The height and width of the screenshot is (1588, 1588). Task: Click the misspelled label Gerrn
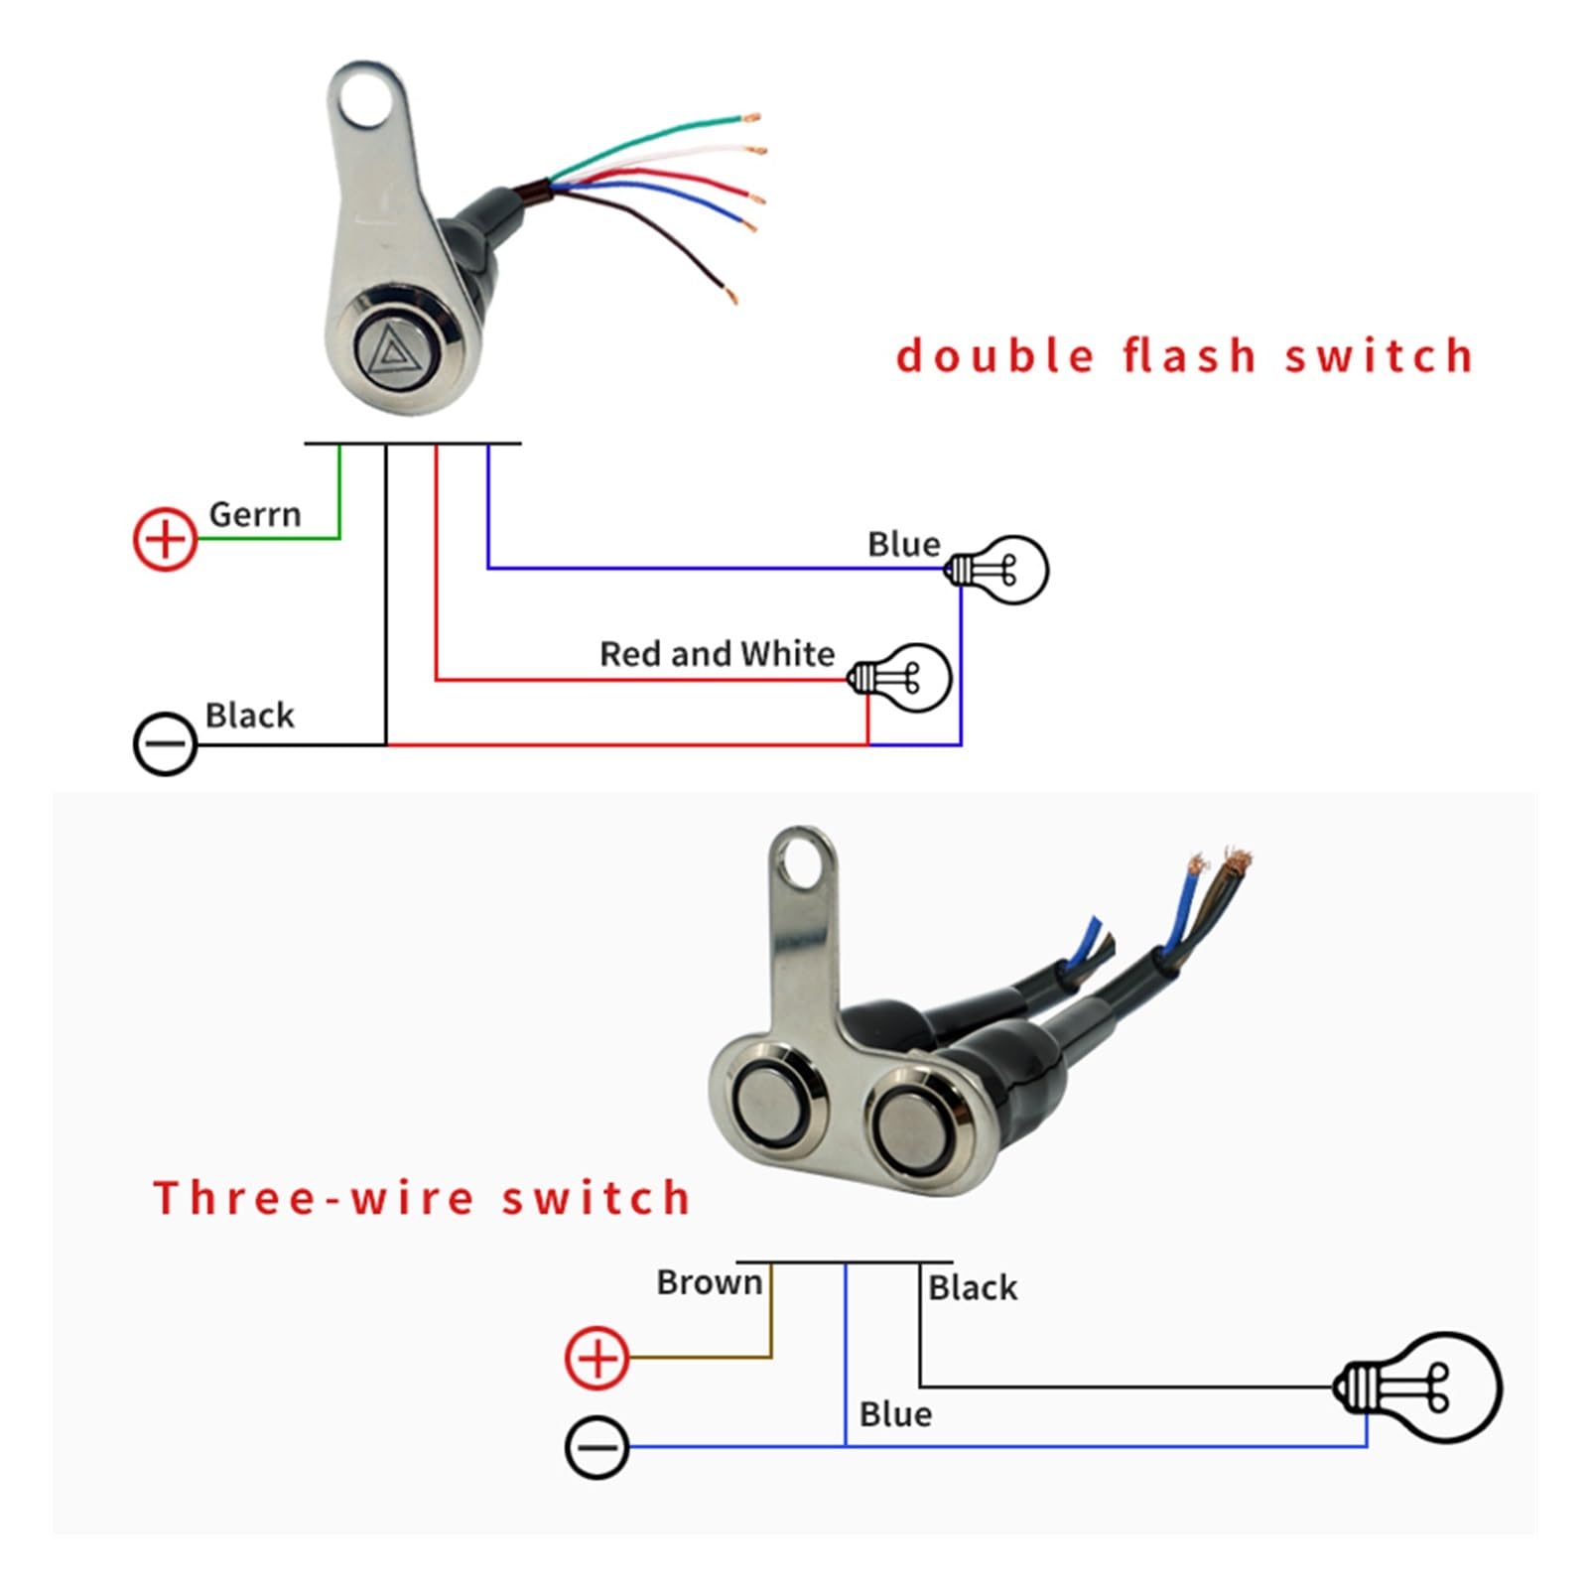pos(254,514)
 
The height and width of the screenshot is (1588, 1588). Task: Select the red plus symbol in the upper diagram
pos(165,539)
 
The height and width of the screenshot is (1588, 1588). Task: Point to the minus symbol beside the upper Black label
pos(165,743)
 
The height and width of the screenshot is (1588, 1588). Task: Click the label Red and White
pos(717,654)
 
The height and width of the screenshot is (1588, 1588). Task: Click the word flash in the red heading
pos(1190,356)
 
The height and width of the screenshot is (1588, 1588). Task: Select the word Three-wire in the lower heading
pos(314,1198)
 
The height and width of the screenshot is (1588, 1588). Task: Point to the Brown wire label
pos(709,1282)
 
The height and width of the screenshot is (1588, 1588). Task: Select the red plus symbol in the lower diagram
pos(596,1357)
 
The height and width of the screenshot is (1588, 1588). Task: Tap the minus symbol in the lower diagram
pos(596,1447)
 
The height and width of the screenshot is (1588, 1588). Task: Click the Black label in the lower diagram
pos(972,1288)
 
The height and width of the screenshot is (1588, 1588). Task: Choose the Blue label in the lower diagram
pos(895,1414)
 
